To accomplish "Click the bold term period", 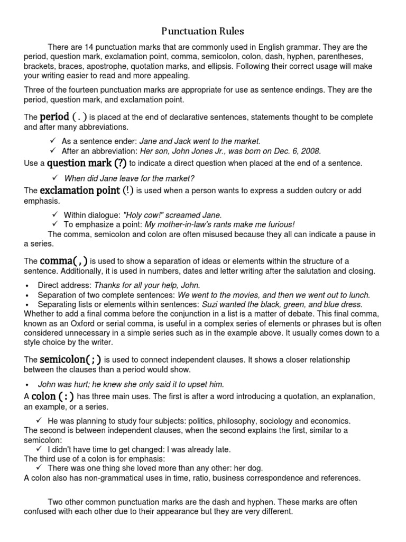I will [x=54, y=116].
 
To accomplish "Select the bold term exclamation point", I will [x=80, y=190].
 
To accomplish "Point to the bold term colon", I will [x=43, y=396].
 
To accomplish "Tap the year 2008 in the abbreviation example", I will [x=312, y=150].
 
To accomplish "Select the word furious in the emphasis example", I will [x=276, y=224].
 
